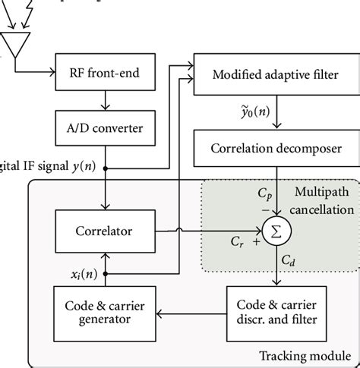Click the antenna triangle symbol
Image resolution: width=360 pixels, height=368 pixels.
point(16,44)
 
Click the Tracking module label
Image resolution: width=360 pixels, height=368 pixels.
point(304,355)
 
